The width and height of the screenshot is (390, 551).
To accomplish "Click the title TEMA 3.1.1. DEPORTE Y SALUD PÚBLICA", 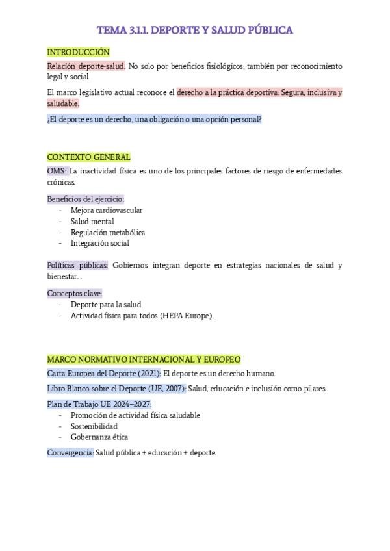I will (194, 30).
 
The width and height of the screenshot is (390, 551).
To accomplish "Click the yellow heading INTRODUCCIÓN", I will (78, 52).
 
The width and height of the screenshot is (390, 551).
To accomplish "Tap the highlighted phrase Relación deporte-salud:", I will (86, 66).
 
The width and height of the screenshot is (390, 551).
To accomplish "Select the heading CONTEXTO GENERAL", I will (88, 157).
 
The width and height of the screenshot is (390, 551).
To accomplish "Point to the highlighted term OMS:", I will (57, 172).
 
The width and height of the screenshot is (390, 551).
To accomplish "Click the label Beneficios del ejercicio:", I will (85, 199).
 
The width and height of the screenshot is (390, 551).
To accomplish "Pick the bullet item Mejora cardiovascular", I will (107, 211).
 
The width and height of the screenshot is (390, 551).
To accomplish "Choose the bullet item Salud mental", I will (92, 222).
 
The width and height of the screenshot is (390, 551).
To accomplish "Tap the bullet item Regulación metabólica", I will (108, 233).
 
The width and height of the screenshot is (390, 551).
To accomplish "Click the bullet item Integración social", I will (100, 244).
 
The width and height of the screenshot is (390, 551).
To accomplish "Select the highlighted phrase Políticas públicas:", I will (77, 266).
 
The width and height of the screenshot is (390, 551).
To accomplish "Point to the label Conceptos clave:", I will (75, 293).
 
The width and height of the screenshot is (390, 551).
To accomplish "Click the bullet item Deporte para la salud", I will (106, 305).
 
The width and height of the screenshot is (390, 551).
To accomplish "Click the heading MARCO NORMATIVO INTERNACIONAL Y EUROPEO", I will (144, 359).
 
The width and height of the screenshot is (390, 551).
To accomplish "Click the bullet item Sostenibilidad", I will (94, 426).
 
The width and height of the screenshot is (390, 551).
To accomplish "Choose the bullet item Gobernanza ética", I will (99, 437).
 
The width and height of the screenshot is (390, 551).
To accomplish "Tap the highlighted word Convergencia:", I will (70, 452).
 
